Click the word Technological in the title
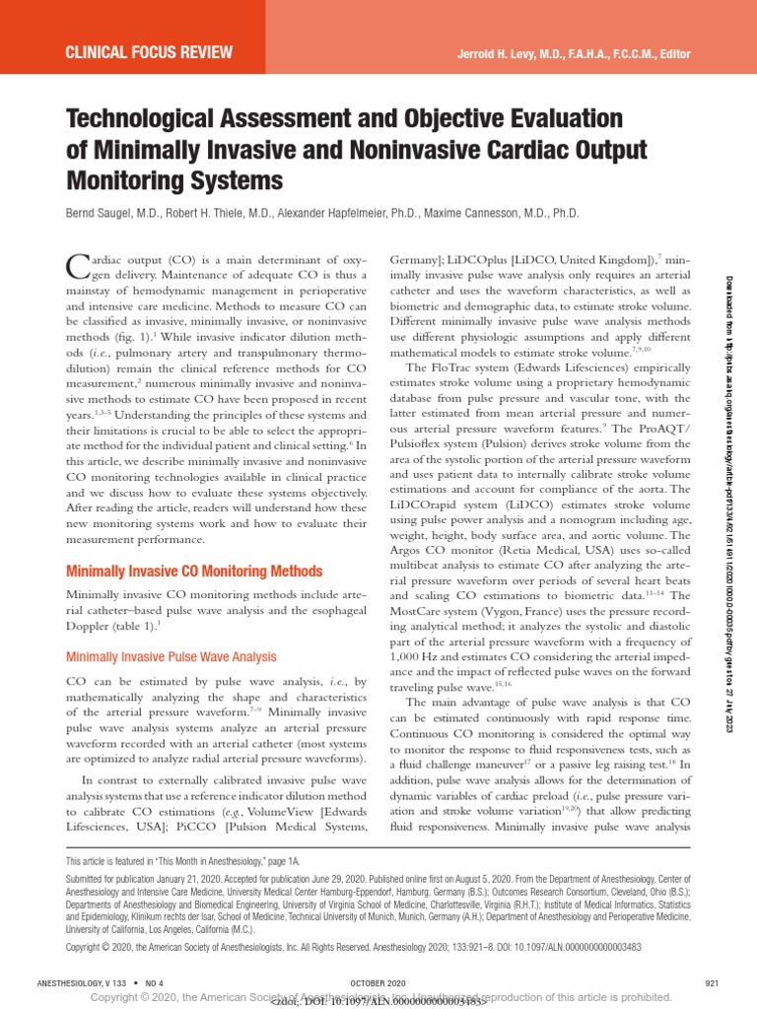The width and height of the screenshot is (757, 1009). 151,119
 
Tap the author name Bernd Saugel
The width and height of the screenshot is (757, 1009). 110,213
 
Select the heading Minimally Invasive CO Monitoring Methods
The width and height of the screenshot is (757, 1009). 193,572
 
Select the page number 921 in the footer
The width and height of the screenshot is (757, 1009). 714,983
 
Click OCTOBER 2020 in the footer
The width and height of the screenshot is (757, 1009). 378,983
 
